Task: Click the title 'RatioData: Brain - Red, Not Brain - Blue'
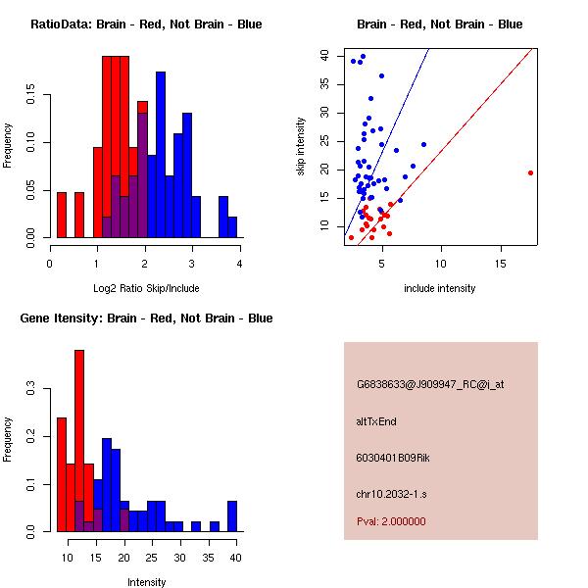(146, 24)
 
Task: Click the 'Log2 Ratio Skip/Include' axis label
(145, 288)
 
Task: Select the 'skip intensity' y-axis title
(301, 147)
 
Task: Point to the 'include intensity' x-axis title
(440, 288)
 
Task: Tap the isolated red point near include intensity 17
(530, 172)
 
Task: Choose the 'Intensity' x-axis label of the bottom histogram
(146, 582)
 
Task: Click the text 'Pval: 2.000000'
(391, 521)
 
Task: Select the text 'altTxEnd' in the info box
(376, 421)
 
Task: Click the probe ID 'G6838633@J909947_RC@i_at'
(430, 384)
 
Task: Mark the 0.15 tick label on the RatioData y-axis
(31, 98)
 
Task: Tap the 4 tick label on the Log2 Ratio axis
(239, 262)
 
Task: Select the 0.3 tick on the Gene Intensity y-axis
(31, 389)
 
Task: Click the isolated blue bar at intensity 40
(232, 516)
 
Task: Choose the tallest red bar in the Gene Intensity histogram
(79, 441)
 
